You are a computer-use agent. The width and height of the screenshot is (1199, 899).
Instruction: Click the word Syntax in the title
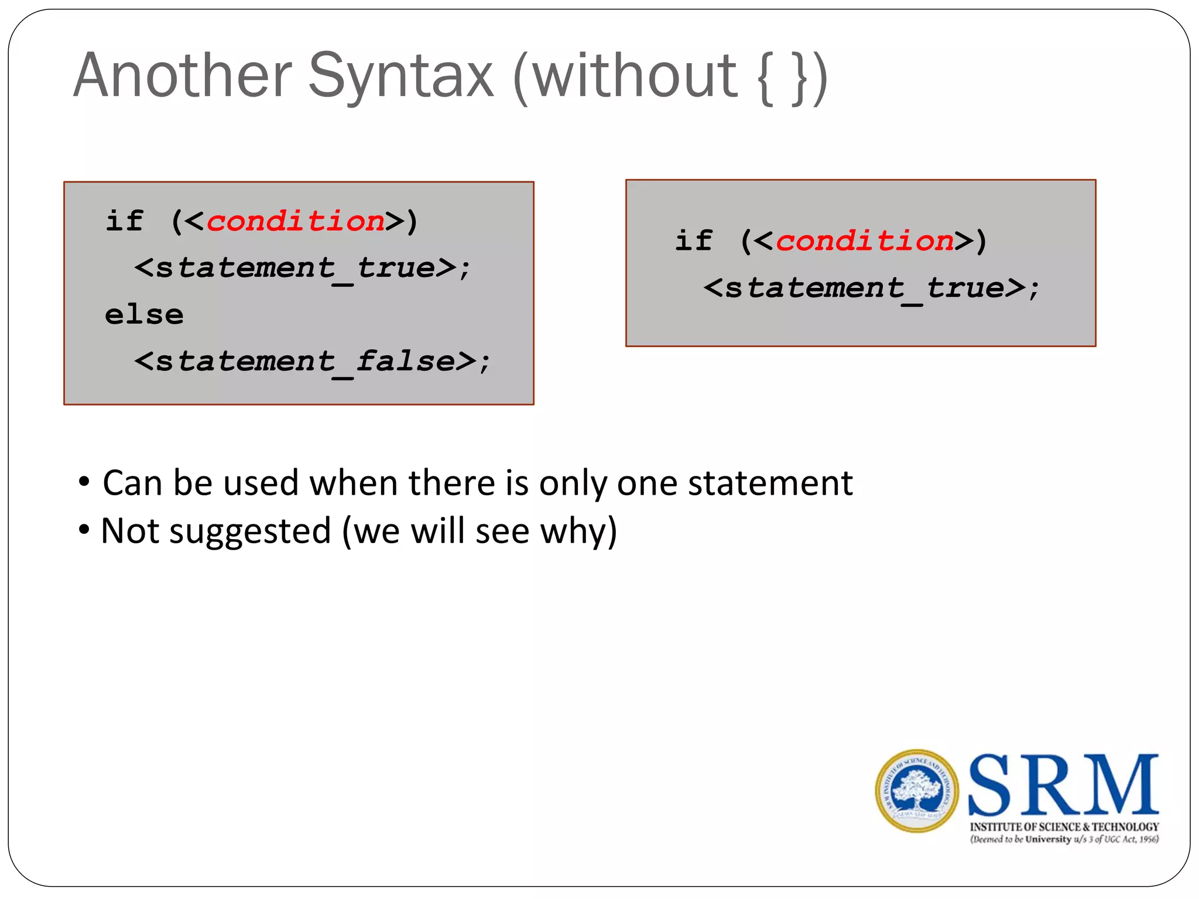(401, 76)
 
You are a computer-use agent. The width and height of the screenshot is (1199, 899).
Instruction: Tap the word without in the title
(635, 76)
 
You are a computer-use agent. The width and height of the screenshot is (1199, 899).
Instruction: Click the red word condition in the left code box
(296, 221)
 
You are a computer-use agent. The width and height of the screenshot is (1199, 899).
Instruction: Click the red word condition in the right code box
(865, 241)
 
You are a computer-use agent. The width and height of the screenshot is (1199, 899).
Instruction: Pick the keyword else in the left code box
(144, 315)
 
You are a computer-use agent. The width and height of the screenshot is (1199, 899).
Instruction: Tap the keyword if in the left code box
(124, 221)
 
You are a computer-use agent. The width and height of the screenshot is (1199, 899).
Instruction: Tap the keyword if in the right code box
(694, 241)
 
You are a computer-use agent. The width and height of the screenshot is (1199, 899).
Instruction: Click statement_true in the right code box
(865, 288)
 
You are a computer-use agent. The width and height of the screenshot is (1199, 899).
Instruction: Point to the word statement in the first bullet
(770, 483)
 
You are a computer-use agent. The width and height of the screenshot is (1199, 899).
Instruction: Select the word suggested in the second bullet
(250, 531)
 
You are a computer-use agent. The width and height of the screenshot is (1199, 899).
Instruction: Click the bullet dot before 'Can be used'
(84, 482)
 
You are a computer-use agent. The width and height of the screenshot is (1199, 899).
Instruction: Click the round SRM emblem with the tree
(917, 791)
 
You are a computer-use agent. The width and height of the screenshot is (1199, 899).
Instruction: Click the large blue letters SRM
(1063, 786)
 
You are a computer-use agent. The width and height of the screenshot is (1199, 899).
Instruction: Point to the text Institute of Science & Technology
(1064, 827)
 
